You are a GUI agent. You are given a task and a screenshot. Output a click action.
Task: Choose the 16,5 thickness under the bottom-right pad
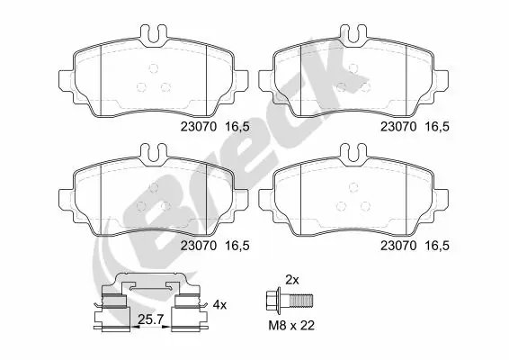point(436,244)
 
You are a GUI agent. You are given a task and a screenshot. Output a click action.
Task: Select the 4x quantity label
point(221,304)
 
